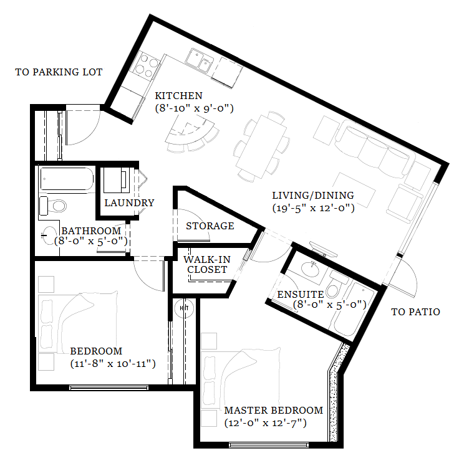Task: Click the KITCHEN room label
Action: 179,96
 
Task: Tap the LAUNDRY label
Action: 129,202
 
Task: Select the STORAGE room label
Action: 210,226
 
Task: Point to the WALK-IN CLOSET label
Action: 207,265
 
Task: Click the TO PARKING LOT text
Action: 59,72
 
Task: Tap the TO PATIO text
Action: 415,311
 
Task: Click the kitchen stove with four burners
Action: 145,66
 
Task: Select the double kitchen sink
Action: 200,60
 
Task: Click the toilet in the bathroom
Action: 53,206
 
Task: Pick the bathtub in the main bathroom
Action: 67,179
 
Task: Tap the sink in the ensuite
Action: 311,269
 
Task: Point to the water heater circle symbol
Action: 184,308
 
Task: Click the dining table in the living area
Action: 261,146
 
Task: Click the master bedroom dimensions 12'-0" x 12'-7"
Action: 265,423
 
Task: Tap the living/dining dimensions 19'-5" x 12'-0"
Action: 314,207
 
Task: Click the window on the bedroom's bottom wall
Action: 109,388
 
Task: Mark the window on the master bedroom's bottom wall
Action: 269,445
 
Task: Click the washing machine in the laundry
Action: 117,181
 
